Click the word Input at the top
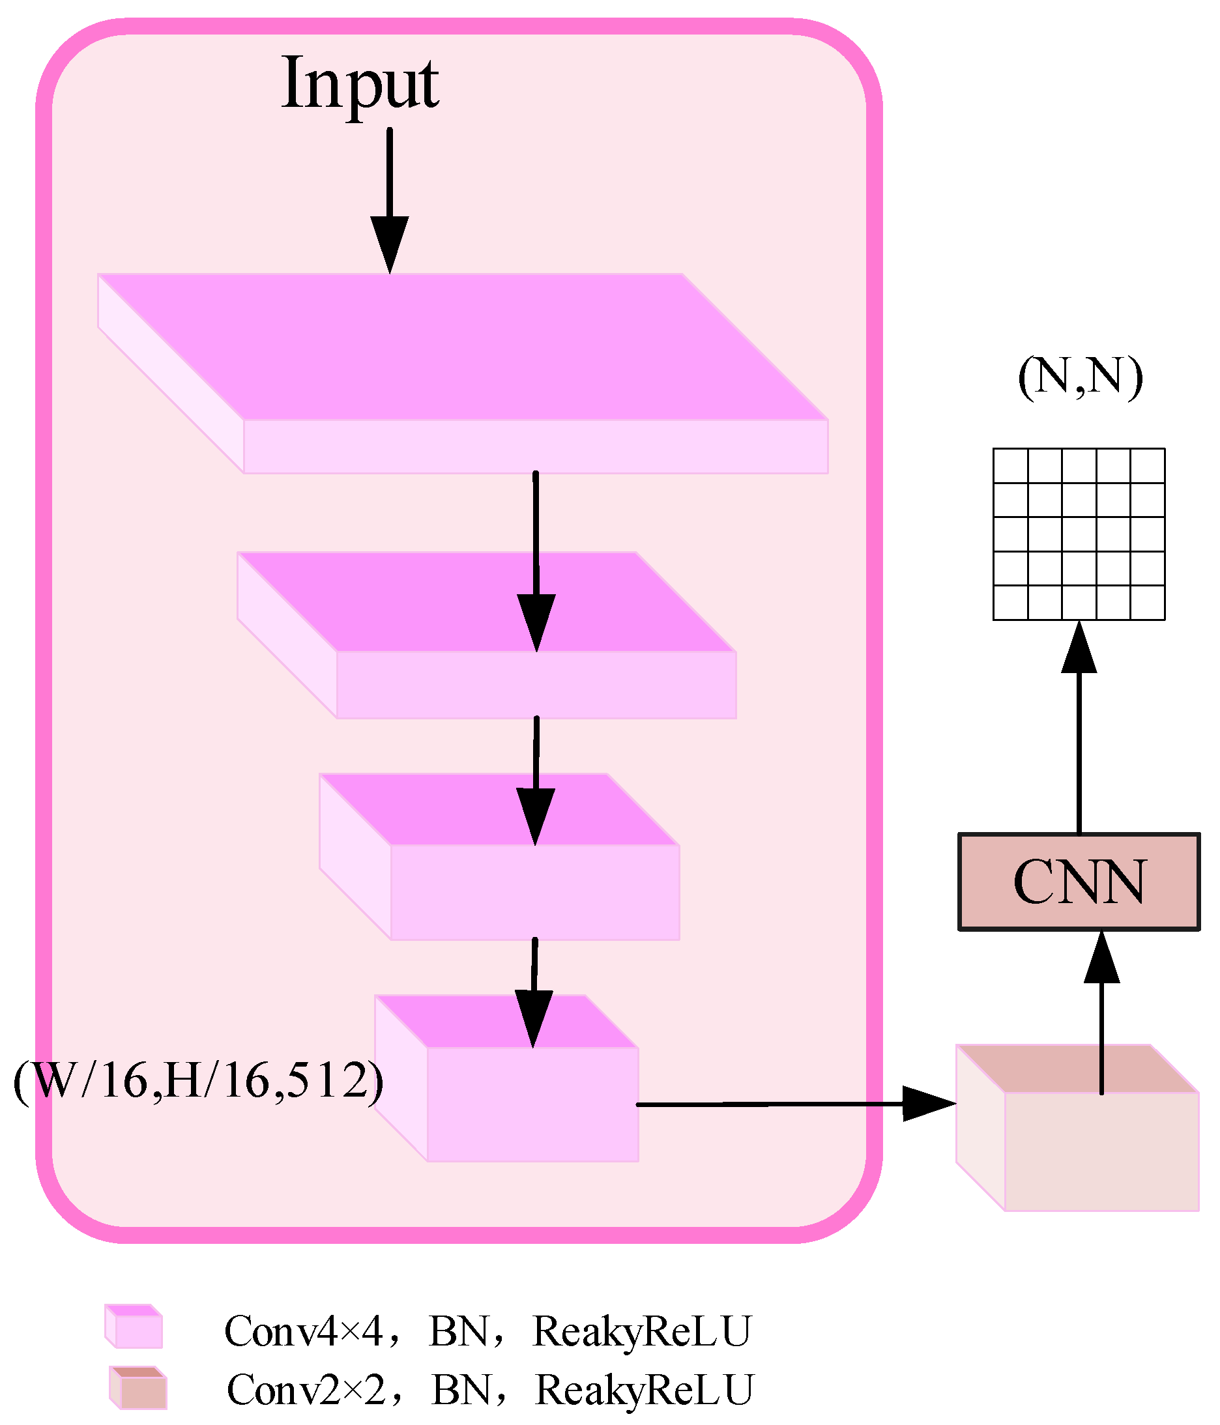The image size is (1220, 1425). pos(360,85)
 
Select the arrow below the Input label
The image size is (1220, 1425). pos(389,199)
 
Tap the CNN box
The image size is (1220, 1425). pos(1079,882)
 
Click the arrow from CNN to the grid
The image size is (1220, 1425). pos(1079,729)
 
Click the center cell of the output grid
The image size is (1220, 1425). pos(1079,534)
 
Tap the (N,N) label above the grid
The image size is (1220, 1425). pos(1080,376)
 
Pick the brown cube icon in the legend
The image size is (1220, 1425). pos(138,1388)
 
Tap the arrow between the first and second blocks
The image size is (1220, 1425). pos(536,557)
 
